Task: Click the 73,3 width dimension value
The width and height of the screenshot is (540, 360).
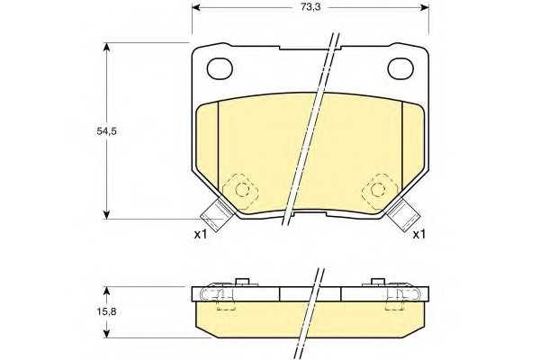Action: tap(310, 7)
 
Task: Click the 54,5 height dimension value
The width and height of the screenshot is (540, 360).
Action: tap(106, 131)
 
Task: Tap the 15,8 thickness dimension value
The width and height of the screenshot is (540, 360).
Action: tap(106, 311)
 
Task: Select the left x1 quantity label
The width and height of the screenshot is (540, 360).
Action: tap(200, 235)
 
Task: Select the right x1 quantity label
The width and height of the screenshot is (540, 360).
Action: tap(419, 235)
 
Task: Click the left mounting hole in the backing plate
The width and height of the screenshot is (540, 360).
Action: tap(220, 67)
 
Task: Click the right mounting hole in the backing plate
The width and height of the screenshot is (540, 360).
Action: tap(400, 68)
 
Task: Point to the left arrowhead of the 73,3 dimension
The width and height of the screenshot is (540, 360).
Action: tap(196, 7)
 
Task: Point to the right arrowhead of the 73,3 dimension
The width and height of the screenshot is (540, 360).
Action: tap(424, 7)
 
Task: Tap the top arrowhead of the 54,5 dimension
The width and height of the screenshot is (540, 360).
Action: tap(107, 47)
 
